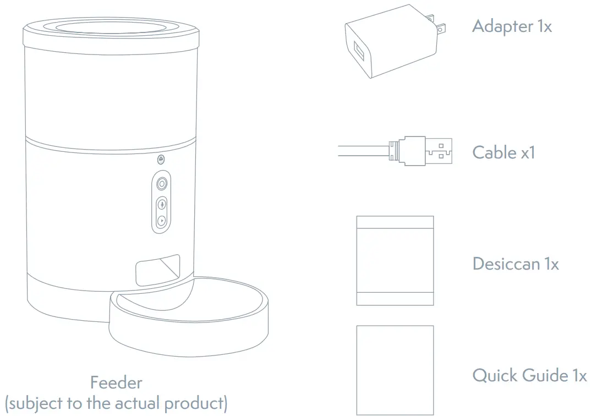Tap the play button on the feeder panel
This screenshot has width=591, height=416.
(161, 221)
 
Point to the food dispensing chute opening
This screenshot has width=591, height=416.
(157, 270)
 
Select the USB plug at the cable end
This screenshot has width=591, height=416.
(437, 151)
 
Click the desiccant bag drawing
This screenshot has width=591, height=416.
(395, 260)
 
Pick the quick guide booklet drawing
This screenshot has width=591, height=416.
(395, 369)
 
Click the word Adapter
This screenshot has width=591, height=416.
(502, 26)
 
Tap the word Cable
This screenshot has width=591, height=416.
(494, 152)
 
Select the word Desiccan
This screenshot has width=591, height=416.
(506, 264)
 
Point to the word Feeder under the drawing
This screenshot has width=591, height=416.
(116, 382)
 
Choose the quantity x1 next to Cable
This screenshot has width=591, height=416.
(527, 152)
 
